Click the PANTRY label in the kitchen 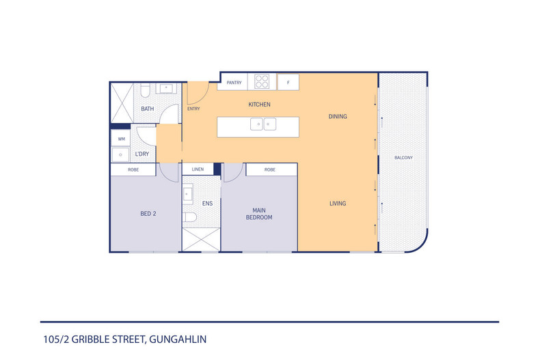(234, 83)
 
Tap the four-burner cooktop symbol (262, 81)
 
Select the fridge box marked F (288, 82)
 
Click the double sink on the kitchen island (262, 124)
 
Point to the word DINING (338, 117)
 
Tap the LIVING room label (338, 204)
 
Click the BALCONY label (403, 158)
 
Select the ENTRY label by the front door (193, 109)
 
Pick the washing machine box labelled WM (122, 139)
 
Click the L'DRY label (142, 154)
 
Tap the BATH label (148, 109)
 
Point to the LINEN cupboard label (198, 169)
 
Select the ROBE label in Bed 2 (133, 169)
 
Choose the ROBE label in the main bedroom (270, 169)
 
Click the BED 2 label (148, 214)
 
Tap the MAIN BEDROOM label (259, 214)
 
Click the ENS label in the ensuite (206, 204)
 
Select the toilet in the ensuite (191, 218)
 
